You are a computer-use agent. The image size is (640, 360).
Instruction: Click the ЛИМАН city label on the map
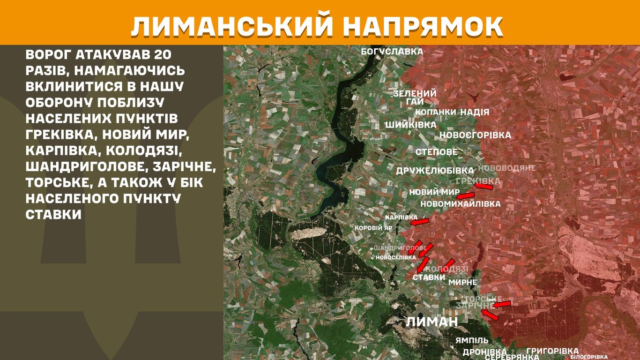pos(432,322)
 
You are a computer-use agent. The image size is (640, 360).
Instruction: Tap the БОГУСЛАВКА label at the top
pos(392,52)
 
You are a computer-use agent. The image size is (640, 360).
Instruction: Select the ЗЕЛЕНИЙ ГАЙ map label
pos(415,97)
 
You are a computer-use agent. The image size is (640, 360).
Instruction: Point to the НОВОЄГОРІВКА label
pos(475,135)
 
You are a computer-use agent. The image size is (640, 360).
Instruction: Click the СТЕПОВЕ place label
pos(436,152)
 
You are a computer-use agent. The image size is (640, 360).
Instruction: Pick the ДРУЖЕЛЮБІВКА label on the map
pos(435,171)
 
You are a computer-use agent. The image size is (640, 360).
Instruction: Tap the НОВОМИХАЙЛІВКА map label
pos(460,204)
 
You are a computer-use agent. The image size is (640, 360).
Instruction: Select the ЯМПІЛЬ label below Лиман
pos(472,340)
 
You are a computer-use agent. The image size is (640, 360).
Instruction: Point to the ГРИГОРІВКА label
pos(552,351)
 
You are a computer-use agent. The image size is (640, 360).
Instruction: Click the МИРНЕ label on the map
pos(462,282)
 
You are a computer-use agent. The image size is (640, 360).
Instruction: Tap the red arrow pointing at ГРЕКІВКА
pos(484,187)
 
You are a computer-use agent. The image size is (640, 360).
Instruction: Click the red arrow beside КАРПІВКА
pos(420,222)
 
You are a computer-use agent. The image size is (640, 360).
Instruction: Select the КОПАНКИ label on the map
pos(435,112)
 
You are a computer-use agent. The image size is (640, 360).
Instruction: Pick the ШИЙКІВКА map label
pos(410,125)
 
